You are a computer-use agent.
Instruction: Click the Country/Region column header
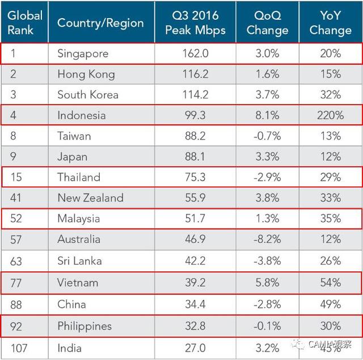100,23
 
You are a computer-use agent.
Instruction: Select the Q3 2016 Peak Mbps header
195,23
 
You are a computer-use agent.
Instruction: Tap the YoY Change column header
330,23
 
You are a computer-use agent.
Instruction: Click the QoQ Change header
267,23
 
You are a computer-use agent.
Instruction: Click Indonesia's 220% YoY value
330,115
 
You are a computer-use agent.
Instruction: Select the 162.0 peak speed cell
195,53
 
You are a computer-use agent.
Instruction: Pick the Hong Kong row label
86,74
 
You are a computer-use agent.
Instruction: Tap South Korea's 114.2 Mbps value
195,94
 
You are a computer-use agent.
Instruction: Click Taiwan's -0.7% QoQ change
267,136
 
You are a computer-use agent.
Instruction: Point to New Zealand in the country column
90,198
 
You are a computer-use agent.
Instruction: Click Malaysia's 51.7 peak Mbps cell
195,219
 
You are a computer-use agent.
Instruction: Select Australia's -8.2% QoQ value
267,239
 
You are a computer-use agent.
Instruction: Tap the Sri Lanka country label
79,261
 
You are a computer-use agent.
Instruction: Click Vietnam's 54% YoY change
330,282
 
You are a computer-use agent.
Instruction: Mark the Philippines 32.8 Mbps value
195,326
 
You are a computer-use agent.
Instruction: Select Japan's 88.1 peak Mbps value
195,156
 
